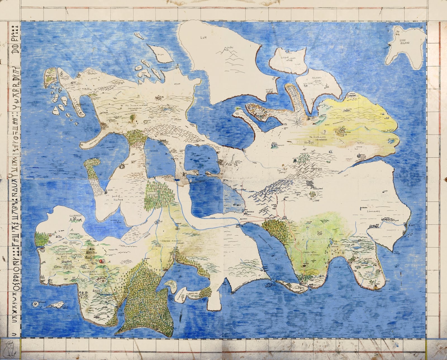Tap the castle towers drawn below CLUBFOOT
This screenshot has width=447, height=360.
click(x=75, y=221)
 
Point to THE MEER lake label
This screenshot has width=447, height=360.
click(x=154, y=150)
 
